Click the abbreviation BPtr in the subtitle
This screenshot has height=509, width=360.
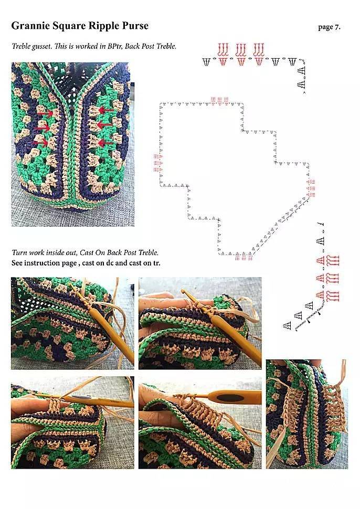115,46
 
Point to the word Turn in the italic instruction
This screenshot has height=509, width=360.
19,252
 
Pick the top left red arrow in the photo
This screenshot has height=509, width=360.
46,113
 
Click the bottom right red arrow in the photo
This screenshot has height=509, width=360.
105,142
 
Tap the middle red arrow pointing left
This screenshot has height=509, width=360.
105,124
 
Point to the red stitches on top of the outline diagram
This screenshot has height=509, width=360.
219,101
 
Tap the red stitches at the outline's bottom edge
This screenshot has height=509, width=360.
244,257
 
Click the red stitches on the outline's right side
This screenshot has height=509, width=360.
311,188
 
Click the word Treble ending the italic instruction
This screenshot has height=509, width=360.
148,252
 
